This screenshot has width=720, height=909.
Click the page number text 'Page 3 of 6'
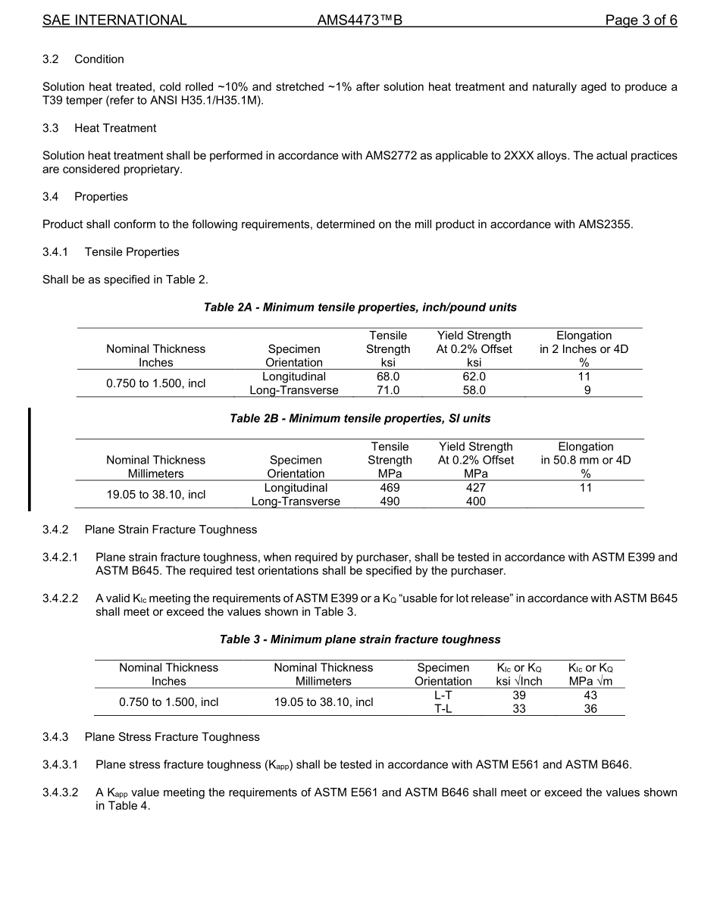640,20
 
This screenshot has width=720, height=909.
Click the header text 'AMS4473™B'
359,20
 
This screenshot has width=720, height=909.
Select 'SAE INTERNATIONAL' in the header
114,20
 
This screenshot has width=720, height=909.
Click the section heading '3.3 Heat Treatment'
99,128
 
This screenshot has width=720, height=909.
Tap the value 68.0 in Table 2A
388,376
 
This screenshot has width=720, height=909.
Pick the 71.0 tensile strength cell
388,390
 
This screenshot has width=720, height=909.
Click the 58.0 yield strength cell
474,390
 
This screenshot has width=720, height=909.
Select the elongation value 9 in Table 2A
584,390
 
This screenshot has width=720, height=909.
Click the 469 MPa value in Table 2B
390,488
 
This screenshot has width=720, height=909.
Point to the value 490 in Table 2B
390,501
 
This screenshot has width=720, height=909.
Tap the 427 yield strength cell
475,488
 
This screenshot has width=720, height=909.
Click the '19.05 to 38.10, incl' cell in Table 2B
155,495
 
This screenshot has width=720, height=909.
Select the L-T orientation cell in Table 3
443,695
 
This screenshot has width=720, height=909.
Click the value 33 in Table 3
519,709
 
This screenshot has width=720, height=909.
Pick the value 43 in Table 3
590,695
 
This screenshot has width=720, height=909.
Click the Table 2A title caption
360,308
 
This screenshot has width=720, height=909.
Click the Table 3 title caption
360,639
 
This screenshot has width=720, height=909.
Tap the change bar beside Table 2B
30,459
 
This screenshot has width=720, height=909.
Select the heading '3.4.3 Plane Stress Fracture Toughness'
151,737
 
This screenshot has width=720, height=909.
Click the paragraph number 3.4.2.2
60,598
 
